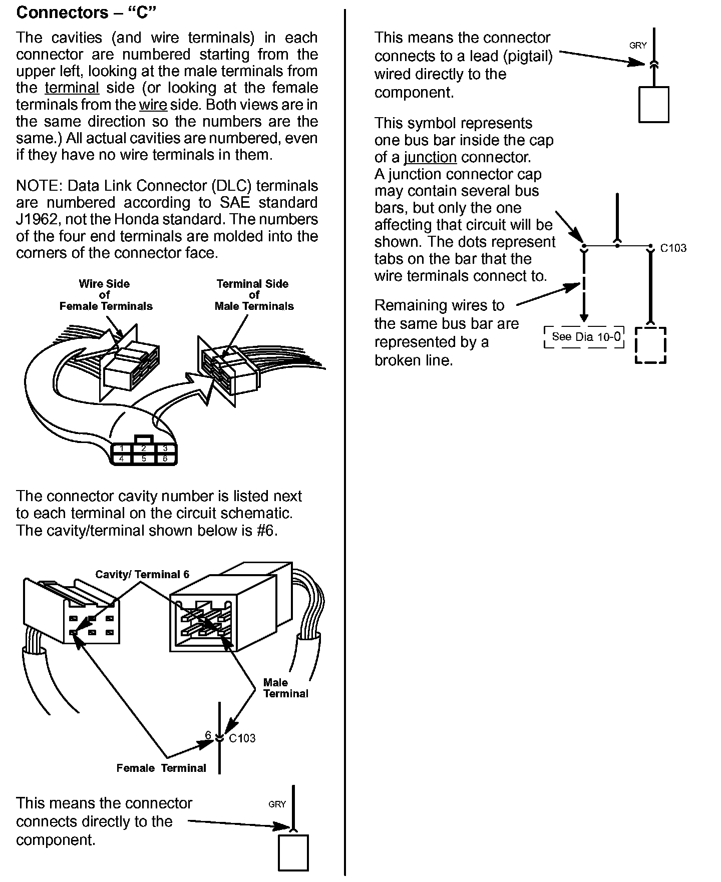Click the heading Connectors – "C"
pos(87,13)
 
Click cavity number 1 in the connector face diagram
pos(122,449)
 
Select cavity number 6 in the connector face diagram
pos(165,459)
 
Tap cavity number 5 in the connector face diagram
pos(144,459)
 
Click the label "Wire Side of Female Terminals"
pos(106,295)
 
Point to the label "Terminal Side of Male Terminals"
pos(254,295)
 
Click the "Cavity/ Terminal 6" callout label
pos(142,574)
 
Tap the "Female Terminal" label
pos(161,768)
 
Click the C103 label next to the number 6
pos(242,738)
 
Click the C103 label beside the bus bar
pos(673,248)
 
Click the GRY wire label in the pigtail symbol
pos(638,46)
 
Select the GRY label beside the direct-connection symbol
pos(277,804)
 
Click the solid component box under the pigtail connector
pos(653,104)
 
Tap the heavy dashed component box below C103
pos(650,345)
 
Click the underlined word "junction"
pos(430,157)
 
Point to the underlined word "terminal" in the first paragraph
pos(72,88)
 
